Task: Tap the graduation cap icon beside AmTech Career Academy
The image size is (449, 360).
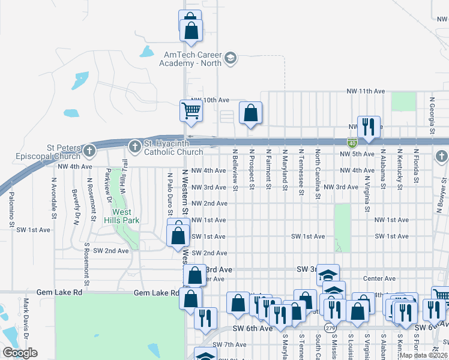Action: tap(231, 59)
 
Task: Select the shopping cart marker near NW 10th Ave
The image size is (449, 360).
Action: tap(191, 110)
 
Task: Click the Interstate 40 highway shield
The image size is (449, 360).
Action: tap(352, 143)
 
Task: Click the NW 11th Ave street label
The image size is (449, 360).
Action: tap(366, 91)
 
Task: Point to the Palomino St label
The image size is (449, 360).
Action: tap(11, 211)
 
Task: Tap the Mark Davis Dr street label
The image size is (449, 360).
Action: tap(26, 318)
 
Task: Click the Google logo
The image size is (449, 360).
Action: tap(20, 353)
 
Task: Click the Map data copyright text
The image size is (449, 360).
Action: tap(423, 355)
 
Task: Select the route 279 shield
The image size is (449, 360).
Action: tap(330, 328)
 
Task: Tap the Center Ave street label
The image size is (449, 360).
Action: tap(379, 278)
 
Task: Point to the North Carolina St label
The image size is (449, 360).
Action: tap(318, 167)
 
